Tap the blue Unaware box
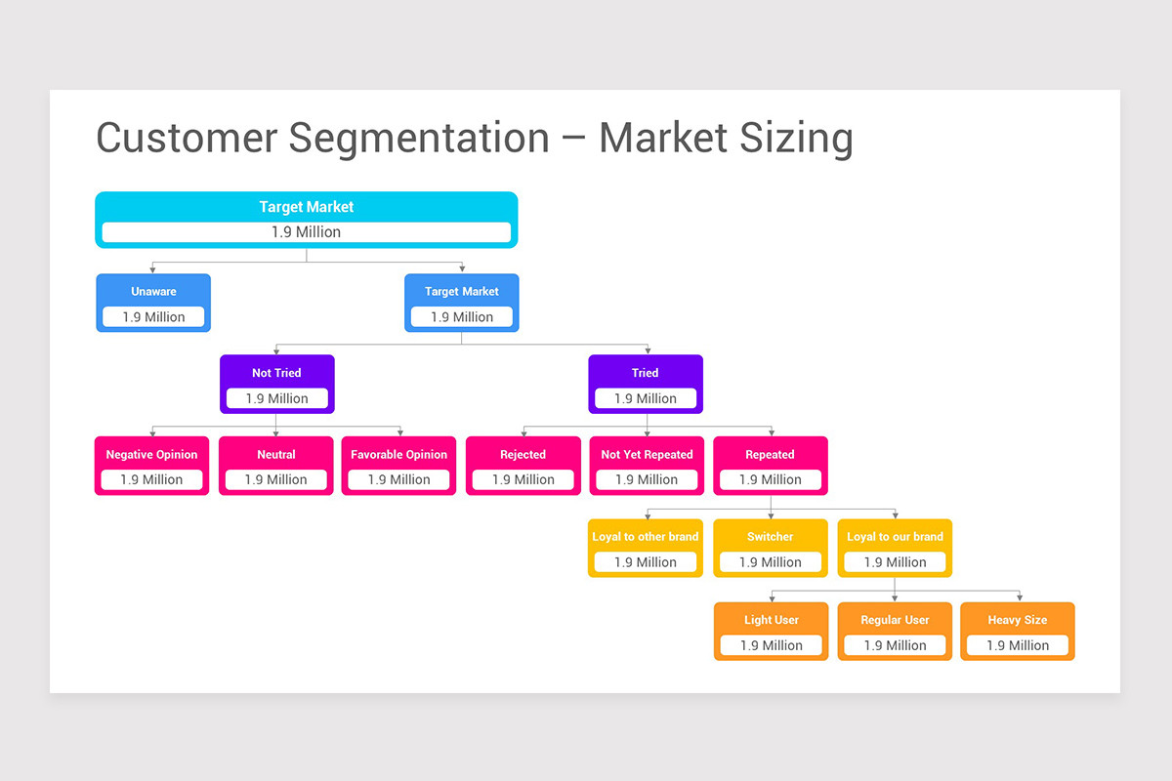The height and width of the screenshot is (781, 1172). tap(153, 303)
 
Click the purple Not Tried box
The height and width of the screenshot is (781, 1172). tap(277, 384)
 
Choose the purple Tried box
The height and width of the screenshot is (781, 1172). tap(645, 384)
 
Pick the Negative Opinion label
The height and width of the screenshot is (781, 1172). tap(151, 455)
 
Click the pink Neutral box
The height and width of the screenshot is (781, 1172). tap(275, 466)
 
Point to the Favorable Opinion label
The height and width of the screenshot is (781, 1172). tap(398, 455)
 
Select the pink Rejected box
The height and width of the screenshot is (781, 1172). tap(523, 466)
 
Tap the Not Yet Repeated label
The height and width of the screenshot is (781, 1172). tap(647, 455)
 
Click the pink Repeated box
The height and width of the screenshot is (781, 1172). tap(770, 466)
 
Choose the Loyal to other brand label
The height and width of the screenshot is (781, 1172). tap(646, 537)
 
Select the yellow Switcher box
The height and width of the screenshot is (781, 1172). tap(770, 548)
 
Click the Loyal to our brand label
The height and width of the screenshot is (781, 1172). tap(895, 537)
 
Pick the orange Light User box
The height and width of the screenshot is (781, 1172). tap(771, 631)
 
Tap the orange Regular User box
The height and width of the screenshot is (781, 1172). tap(895, 631)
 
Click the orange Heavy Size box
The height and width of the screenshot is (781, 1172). tap(1017, 631)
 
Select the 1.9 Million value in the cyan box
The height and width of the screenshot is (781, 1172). tap(306, 232)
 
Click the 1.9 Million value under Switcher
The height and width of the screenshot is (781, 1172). tap(770, 562)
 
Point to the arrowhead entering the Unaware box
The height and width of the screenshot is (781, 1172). tap(152, 270)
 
